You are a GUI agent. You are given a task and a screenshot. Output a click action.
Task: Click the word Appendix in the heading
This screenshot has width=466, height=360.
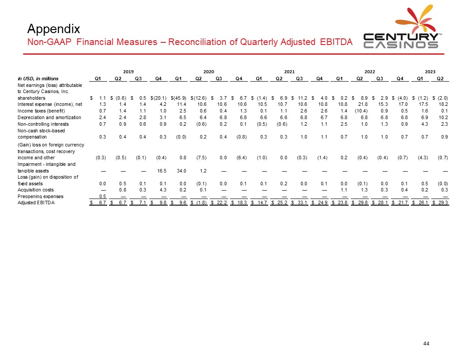[53, 29]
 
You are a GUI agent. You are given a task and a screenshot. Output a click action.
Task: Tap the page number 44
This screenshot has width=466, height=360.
[426, 344]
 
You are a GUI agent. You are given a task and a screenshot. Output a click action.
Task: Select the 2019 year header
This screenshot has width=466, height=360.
[128, 71]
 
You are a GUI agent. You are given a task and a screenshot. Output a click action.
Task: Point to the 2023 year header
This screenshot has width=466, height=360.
[430, 71]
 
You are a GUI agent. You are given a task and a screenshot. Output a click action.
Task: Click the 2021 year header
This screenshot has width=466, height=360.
[289, 71]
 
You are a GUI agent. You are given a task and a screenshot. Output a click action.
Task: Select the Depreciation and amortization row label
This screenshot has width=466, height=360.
[49, 117]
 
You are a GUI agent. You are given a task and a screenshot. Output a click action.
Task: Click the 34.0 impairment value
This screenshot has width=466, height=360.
[181, 170]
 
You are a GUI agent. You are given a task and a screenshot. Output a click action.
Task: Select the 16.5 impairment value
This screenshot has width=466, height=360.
[162, 170]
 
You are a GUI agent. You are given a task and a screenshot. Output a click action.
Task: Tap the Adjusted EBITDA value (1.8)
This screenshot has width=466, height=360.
[202, 203]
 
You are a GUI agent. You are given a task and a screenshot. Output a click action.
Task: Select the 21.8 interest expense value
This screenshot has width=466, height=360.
[363, 104]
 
